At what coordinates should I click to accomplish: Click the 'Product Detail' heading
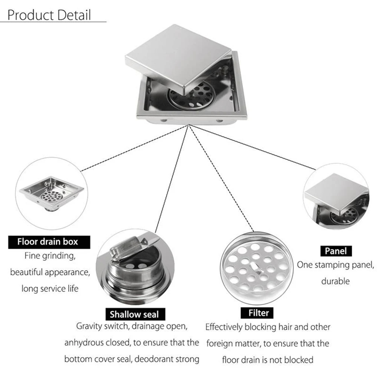[x=49, y=15]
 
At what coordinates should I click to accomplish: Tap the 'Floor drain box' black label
[x=48, y=241]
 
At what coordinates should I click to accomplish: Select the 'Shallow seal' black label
[x=135, y=314]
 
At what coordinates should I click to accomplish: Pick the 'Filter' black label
[x=259, y=313]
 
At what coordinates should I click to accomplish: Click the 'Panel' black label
[x=336, y=251]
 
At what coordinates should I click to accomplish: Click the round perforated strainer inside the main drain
[x=190, y=96]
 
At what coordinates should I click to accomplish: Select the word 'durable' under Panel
[x=336, y=281]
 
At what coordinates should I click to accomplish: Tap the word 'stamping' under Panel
[x=331, y=265]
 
